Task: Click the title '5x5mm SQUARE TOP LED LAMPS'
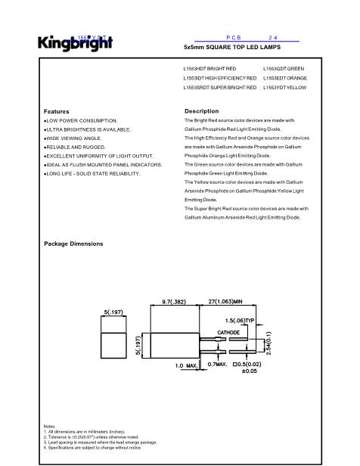point(232,47)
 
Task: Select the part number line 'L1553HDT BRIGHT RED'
point(210,69)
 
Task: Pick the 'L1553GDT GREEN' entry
point(284,69)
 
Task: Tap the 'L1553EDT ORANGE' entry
point(285,79)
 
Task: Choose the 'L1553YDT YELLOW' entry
point(284,89)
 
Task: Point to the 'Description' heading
point(201,111)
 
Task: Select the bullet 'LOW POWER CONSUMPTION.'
point(80,120)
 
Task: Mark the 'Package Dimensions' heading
point(73,244)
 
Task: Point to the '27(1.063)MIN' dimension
point(233,300)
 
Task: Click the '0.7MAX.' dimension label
point(218,365)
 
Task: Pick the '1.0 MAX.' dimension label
point(186,366)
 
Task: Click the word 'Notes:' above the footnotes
point(50,426)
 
